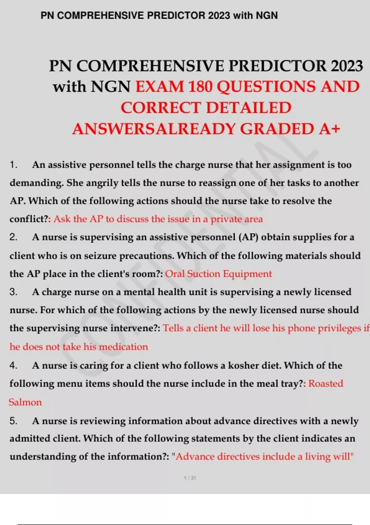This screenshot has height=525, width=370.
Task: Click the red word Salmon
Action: [x=25, y=402]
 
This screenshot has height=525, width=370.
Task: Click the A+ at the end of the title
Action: [x=330, y=129]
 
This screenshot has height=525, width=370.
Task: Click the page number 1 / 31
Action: [x=190, y=478]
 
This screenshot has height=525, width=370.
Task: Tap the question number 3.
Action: [x=13, y=292]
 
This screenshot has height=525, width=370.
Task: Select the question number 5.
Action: [x=13, y=421]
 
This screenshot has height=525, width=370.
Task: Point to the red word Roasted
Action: [x=326, y=384]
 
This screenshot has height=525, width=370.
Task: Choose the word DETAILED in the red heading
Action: [x=249, y=108]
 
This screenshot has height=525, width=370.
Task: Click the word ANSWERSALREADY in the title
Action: [x=154, y=129]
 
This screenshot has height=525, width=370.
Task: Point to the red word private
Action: [x=226, y=219]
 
